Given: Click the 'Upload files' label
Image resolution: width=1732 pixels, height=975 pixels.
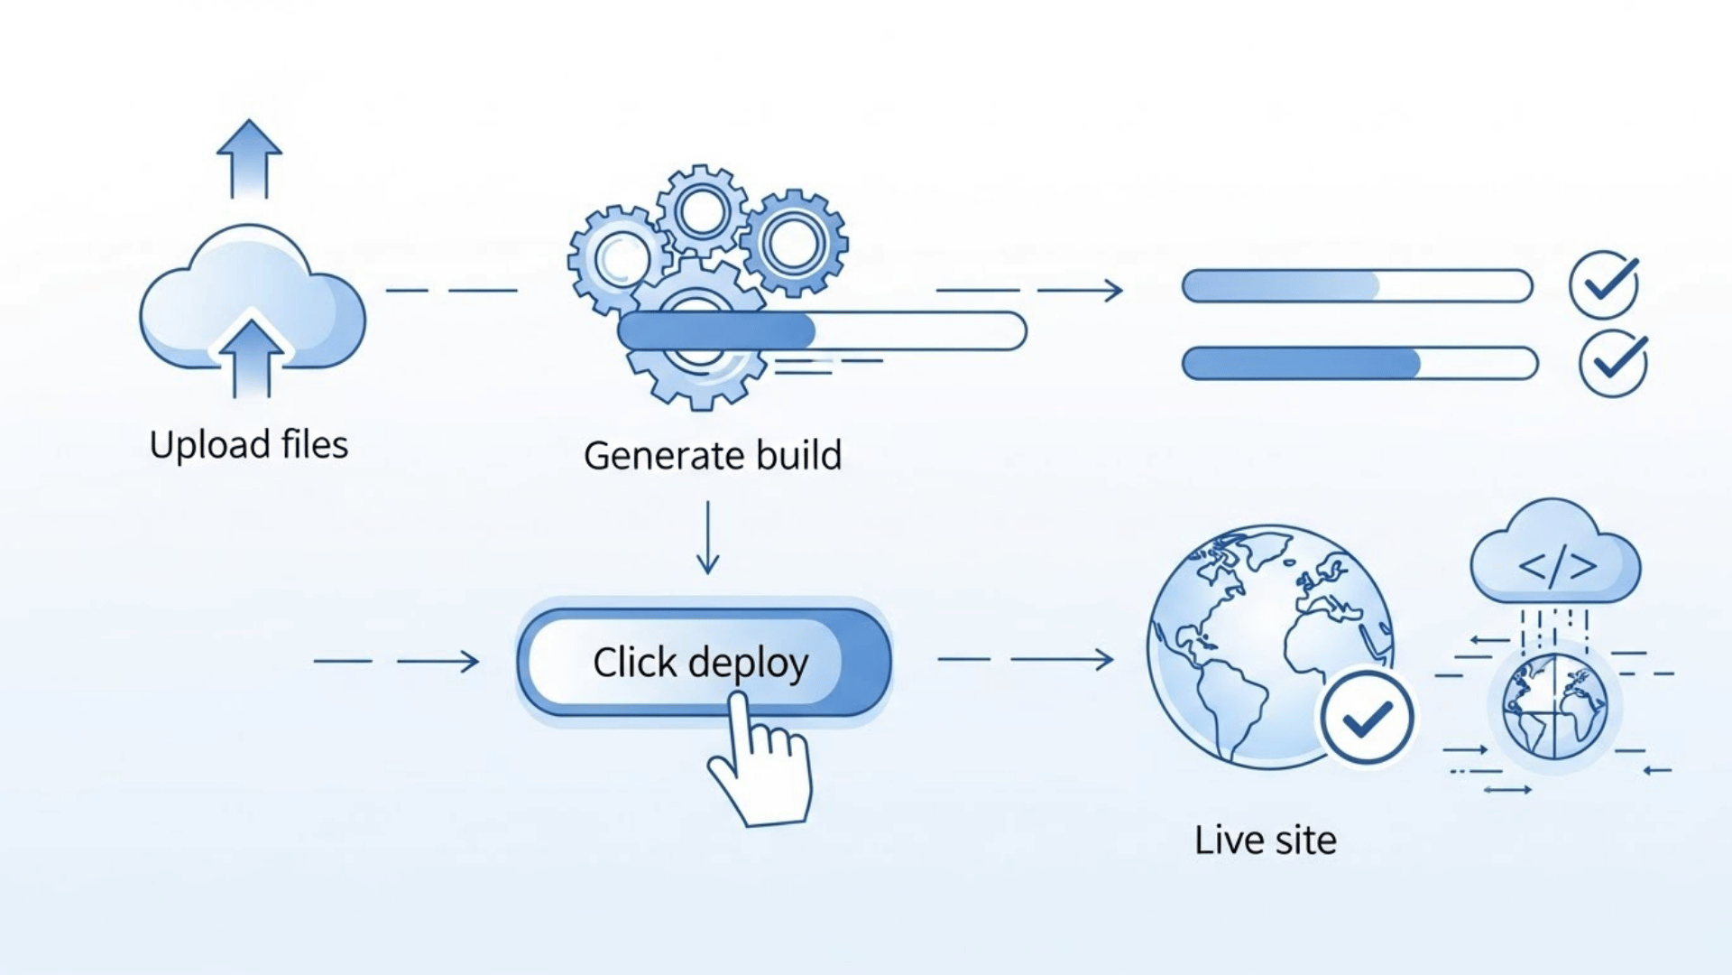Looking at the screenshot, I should point(248,445).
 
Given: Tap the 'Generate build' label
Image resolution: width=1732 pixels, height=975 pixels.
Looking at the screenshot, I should point(712,455).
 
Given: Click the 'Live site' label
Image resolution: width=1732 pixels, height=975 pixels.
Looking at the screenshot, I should point(1265,840).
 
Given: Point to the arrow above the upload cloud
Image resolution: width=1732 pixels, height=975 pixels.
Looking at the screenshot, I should point(249,158).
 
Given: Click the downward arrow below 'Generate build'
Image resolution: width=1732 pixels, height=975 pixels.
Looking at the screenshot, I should point(708,539).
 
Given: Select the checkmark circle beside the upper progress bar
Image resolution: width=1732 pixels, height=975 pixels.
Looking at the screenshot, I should point(1604,285).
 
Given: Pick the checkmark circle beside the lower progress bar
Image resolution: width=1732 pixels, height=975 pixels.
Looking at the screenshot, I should point(1613,363).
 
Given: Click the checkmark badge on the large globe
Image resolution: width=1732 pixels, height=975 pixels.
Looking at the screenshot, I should point(1366,719).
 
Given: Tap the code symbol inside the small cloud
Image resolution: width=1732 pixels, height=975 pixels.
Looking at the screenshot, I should point(1557,566).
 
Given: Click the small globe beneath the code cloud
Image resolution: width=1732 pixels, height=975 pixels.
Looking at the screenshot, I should point(1554,707).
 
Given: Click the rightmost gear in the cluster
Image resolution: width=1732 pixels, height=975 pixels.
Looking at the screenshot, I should point(794,242).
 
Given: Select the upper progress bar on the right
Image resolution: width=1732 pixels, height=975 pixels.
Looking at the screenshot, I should point(1357,286).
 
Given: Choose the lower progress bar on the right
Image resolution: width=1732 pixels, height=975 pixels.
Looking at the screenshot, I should point(1359,364).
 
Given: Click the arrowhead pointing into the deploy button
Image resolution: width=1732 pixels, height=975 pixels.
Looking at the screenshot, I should point(470,662).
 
